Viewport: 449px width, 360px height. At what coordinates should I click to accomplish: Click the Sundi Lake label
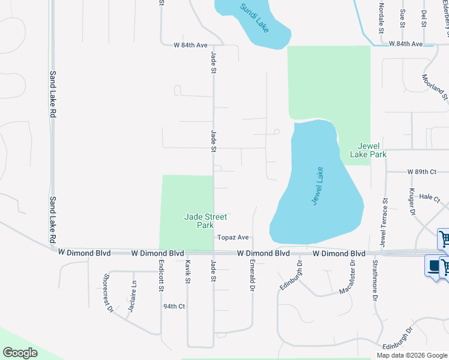pyautogui.click(x=255, y=18)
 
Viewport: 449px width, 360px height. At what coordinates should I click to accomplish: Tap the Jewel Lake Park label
pyautogui.click(x=372, y=150)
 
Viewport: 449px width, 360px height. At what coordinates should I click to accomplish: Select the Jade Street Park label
pyautogui.click(x=200, y=221)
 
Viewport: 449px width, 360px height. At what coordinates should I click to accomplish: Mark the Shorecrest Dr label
pyautogui.click(x=108, y=293)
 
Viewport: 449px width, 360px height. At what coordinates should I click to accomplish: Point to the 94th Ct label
pyautogui.click(x=173, y=306)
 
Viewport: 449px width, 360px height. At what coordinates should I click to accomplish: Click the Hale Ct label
pyautogui.click(x=430, y=196)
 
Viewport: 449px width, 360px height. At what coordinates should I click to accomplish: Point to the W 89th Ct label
pyautogui.click(x=421, y=172)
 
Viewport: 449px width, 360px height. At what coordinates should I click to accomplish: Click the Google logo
pyautogui.click(x=20, y=353)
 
